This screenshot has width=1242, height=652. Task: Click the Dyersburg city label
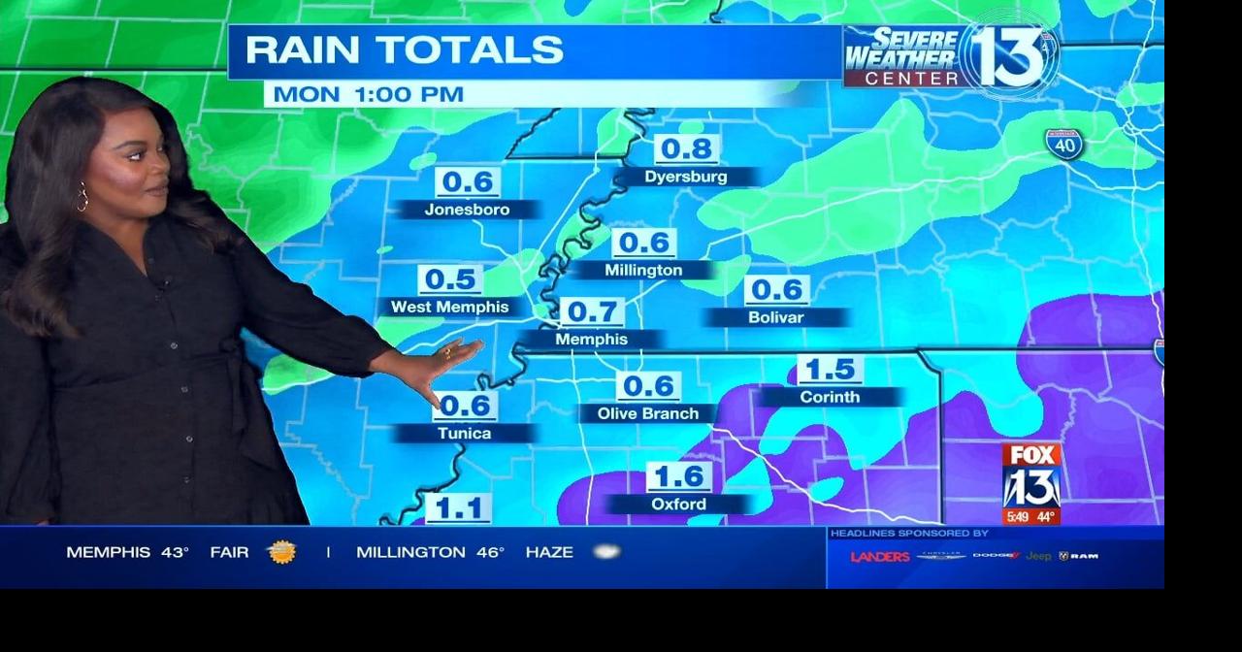pyautogui.click(x=686, y=178)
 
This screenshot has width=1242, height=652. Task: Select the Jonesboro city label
pyautogui.click(x=467, y=210)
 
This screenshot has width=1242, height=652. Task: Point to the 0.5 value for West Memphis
pyautogui.click(x=450, y=280)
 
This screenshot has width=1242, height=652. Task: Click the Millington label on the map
pyautogui.click(x=643, y=271)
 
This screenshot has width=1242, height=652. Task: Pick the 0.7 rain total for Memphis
pyautogui.click(x=591, y=312)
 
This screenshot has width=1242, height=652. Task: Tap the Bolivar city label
pyautogui.click(x=776, y=317)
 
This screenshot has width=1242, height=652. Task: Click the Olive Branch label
pyautogui.click(x=648, y=414)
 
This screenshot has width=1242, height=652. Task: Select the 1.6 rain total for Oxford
pyautogui.click(x=678, y=477)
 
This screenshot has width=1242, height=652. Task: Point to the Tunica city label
pyautogui.click(x=465, y=434)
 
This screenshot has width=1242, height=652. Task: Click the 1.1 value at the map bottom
pyautogui.click(x=458, y=508)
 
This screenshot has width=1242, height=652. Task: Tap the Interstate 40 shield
pyautogui.click(x=1064, y=145)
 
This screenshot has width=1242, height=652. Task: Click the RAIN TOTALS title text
pyautogui.click(x=404, y=50)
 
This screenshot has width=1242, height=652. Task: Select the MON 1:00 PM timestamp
pyautogui.click(x=368, y=95)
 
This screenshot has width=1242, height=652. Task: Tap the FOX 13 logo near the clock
pyautogui.click(x=1030, y=475)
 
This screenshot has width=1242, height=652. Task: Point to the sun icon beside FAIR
pyautogui.click(x=281, y=552)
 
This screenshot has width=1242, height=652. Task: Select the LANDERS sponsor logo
pyautogui.click(x=880, y=557)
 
